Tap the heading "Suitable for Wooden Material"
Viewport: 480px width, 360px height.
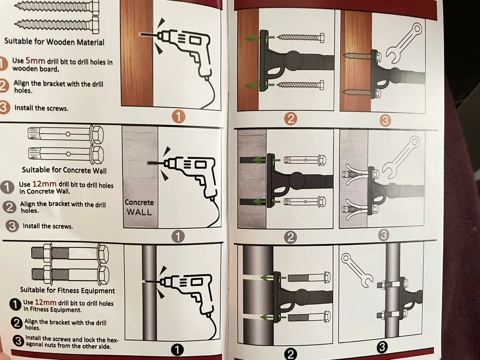tap(54, 42)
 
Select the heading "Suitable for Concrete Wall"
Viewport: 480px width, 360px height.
tap(64, 170)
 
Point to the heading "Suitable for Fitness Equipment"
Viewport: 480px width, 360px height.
tap(67, 290)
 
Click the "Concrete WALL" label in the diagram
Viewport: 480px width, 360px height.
tap(139, 207)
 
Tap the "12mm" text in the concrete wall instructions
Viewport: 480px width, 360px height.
tap(44, 184)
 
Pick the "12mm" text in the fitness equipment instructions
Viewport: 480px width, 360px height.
tap(45, 302)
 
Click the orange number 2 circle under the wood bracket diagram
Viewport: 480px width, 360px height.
tap(291, 119)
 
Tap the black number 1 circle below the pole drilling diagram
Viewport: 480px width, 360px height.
tap(177, 350)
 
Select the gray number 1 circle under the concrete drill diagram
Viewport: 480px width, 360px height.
tap(178, 237)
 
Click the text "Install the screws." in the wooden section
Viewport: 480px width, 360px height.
tap(41, 108)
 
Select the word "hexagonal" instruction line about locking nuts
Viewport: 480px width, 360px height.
tap(72, 343)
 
